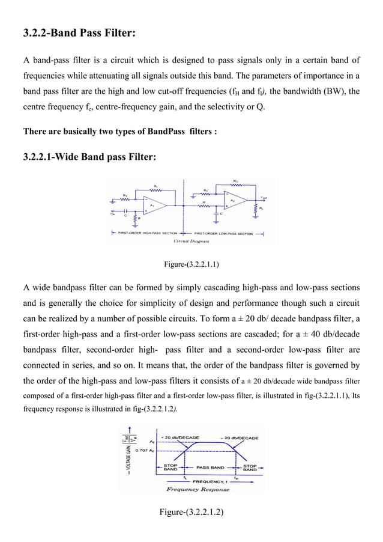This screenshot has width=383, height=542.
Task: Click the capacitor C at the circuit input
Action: pyautogui.click(x=125, y=212)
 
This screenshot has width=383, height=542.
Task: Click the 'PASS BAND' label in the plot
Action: pyautogui.click(x=210, y=466)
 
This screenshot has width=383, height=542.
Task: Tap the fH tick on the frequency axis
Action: pyautogui.click(x=237, y=478)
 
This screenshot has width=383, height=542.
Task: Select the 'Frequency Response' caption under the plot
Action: pyautogui.click(x=198, y=490)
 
